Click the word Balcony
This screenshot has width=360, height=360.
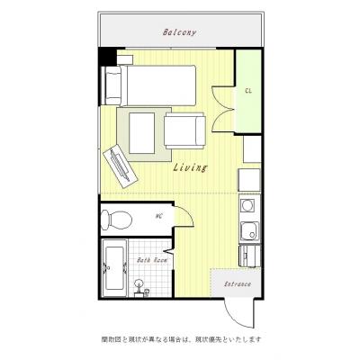(x=180, y=33)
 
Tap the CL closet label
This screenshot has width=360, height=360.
(x=247, y=91)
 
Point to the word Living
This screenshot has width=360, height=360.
(x=190, y=167)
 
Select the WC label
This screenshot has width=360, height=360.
(x=158, y=216)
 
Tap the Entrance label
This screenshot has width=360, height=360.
(x=237, y=284)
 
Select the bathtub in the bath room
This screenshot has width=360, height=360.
(x=114, y=267)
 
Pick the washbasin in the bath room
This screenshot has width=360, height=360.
(x=140, y=286)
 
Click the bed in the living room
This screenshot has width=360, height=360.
(x=149, y=85)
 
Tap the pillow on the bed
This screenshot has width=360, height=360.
(x=115, y=85)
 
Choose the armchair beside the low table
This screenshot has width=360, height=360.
(x=185, y=130)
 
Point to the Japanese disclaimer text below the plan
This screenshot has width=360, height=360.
(x=231, y=339)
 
